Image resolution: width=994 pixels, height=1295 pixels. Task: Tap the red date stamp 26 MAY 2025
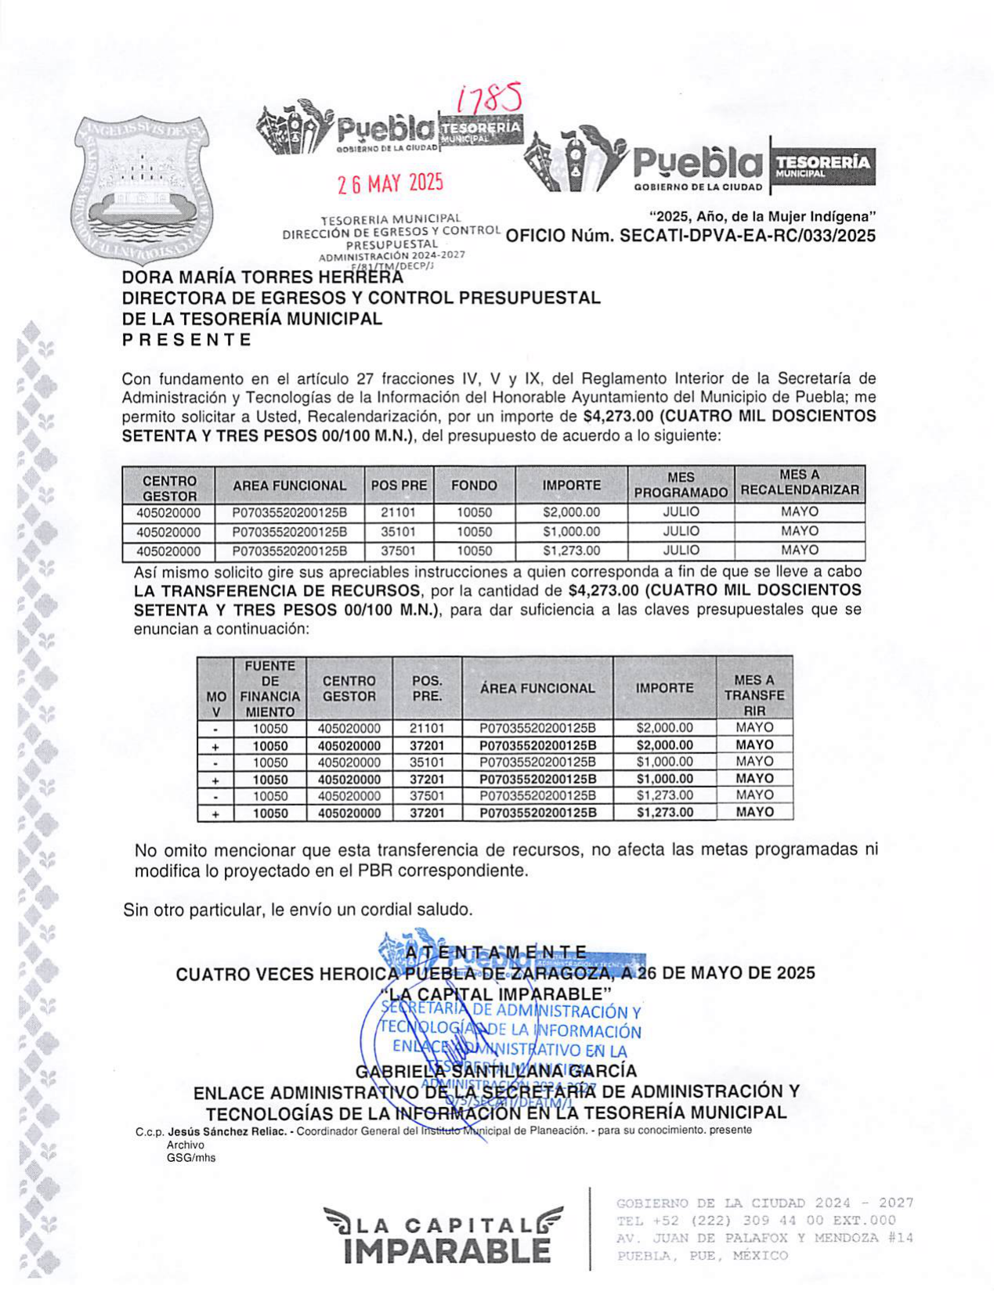(x=389, y=183)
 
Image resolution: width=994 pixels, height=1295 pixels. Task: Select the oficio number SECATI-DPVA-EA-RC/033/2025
(x=747, y=236)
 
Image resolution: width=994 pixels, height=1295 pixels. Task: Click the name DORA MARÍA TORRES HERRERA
(x=262, y=277)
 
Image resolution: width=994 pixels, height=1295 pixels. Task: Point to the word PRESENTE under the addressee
(x=186, y=340)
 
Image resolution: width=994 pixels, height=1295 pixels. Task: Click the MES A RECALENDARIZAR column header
(x=799, y=483)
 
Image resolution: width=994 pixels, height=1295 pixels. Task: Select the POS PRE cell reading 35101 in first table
(x=398, y=532)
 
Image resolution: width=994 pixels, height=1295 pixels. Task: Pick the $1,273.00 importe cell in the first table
(x=571, y=550)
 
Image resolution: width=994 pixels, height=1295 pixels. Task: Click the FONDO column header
(x=474, y=485)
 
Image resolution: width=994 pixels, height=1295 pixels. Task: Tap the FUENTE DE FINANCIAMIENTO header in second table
(x=269, y=689)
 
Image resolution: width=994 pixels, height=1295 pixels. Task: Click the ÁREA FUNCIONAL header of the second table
(x=537, y=688)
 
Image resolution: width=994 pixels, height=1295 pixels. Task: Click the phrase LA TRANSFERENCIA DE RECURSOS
(x=277, y=590)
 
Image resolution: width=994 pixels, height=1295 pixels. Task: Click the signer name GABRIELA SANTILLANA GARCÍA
(x=496, y=1070)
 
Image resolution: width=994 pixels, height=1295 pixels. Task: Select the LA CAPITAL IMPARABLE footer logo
(x=443, y=1235)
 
